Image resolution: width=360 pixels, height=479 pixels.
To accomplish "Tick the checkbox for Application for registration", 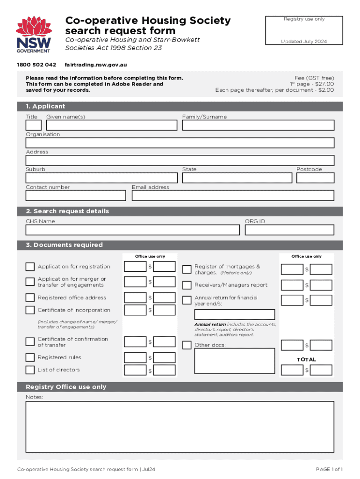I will (30, 267).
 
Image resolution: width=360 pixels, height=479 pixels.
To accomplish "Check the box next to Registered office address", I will (30, 298).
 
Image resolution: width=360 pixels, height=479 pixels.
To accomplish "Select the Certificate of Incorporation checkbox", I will (30, 310).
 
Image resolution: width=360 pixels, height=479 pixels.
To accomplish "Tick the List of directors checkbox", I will (30, 370).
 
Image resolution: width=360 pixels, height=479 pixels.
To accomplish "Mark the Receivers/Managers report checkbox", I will (187, 285).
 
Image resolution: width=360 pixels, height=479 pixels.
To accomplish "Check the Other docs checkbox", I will (187, 345).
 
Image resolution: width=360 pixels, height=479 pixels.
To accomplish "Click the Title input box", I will (34, 125).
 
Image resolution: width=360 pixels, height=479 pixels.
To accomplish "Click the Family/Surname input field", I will (258, 125).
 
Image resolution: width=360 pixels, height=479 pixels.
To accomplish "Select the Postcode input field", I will (315, 178).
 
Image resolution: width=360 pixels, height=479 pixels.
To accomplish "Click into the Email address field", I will (233, 195).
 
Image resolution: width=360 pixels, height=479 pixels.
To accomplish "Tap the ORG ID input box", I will (289, 230).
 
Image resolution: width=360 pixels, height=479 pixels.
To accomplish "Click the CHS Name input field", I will (133, 230).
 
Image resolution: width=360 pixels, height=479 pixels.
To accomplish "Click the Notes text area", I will (180, 427).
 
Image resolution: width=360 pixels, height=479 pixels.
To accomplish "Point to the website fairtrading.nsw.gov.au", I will (96, 65).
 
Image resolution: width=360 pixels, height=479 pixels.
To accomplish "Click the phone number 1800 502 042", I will (36, 65).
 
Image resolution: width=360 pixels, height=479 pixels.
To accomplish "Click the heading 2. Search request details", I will (67, 211).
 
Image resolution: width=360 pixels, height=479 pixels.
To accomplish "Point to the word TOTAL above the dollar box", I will (306, 359).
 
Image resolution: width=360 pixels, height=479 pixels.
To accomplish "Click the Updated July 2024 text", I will (303, 42).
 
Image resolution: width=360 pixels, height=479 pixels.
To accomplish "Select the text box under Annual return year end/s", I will (234, 314).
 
